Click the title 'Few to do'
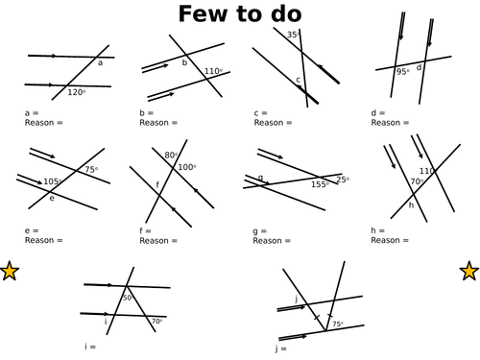click(x=240, y=15)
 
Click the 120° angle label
click(x=76, y=92)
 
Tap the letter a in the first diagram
click(x=100, y=63)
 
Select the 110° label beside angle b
click(x=213, y=71)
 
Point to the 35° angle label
click(x=294, y=35)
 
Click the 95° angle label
click(x=403, y=72)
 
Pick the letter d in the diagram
click(x=420, y=67)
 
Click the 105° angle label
click(x=53, y=181)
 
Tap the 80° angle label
click(x=170, y=156)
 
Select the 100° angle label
click(x=185, y=167)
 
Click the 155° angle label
click(x=320, y=184)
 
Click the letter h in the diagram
click(x=412, y=204)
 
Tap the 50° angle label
click(x=128, y=299)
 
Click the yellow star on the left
click(x=10, y=272)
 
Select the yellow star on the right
click(x=469, y=272)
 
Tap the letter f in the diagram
click(x=157, y=184)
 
